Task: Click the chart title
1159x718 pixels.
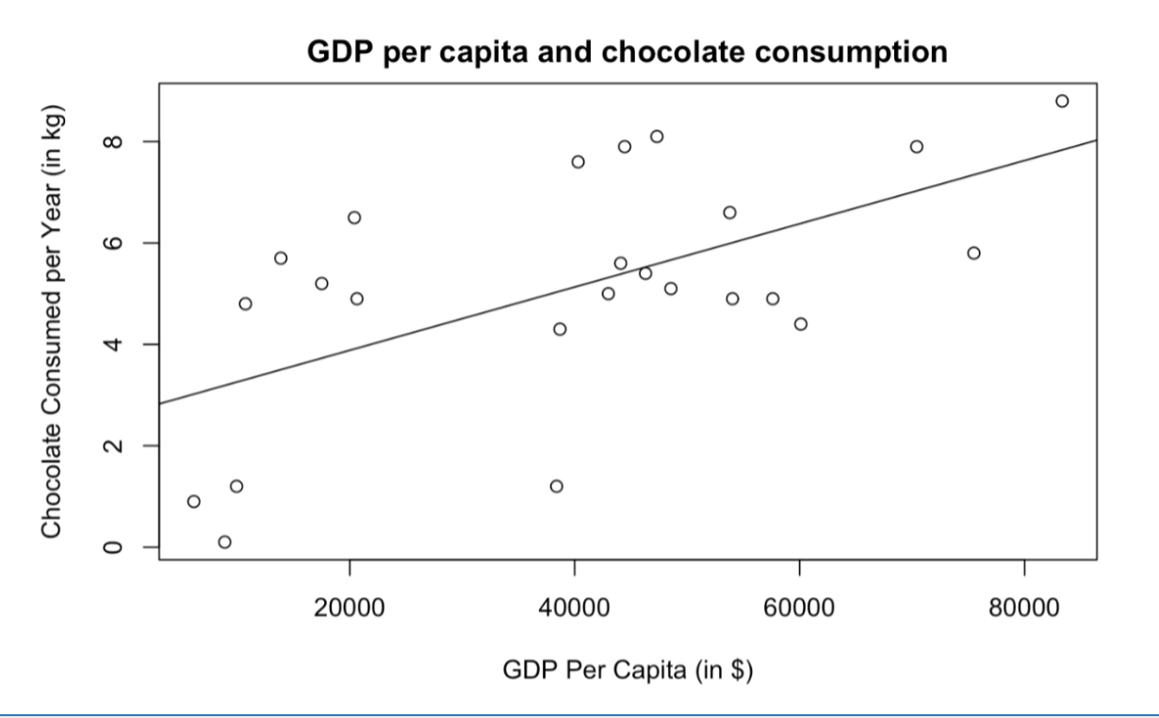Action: (x=628, y=53)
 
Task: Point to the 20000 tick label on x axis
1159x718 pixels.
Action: (x=350, y=607)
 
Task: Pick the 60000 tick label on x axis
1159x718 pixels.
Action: (x=799, y=607)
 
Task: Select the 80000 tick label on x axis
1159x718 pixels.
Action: (x=1024, y=607)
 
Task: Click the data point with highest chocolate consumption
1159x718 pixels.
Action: (x=1062, y=101)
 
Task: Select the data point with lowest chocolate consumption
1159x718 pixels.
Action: (x=224, y=542)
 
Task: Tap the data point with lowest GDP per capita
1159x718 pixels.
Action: (x=193, y=501)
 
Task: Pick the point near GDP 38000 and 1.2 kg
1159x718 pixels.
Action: (x=556, y=486)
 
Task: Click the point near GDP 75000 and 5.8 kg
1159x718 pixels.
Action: (x=973, y=253)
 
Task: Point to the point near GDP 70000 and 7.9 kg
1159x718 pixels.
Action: (x=916, y=146)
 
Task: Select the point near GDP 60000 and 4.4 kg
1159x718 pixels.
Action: (x=800, y=324)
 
